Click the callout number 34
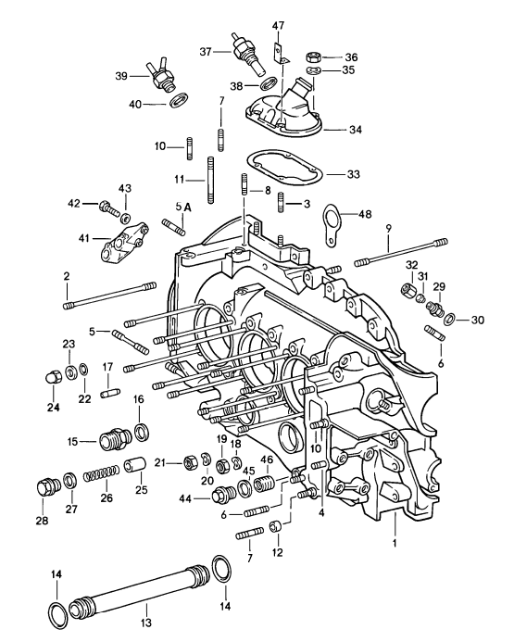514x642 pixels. (x=356, y=130)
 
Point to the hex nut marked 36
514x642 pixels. (x=313, y=55)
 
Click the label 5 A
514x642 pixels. (x=182, y=207)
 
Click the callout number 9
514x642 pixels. (x=389, y=227)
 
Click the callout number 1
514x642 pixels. (x=393, y=541)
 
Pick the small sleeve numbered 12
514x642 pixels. (x=275, y=527)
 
